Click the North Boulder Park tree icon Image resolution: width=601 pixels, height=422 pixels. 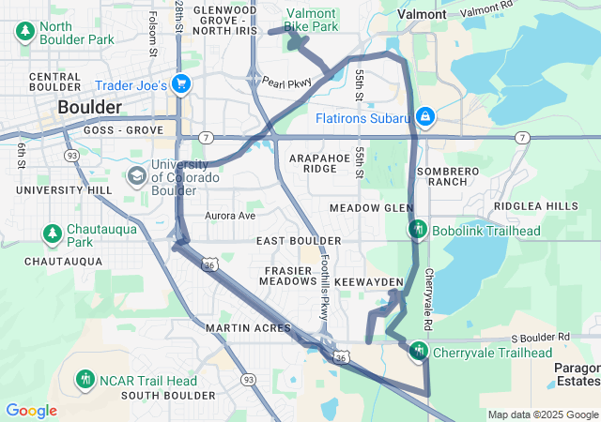pyautogui.click(x=25, y=33)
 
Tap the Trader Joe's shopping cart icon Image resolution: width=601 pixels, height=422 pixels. pyautogui.click(x=181, y=85)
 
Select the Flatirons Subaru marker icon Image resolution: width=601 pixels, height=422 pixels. pyautogui.click(x=425, y=116)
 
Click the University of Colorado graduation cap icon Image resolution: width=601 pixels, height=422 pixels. pyautogui.click(x=136, y=175)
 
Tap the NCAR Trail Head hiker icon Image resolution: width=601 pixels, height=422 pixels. pyautogui.click(x=86, y=380)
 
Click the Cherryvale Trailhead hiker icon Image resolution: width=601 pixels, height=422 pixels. pyautogui.click(x=418, y=351)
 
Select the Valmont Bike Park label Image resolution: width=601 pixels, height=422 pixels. pyautogui.click(x=311, y=21)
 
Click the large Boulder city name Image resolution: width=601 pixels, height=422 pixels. pyautogui.click(x=89, y=107)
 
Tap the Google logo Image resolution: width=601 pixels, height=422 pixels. pyautogui.click(x=31, y=411)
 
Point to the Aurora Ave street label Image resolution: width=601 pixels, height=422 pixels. pyautogui.click(x=230, y=216)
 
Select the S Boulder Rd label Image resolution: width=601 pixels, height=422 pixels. pyautogui.click(x=541, y=337)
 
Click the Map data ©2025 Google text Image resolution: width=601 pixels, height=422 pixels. pyautogui.click(x=543, y=414)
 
